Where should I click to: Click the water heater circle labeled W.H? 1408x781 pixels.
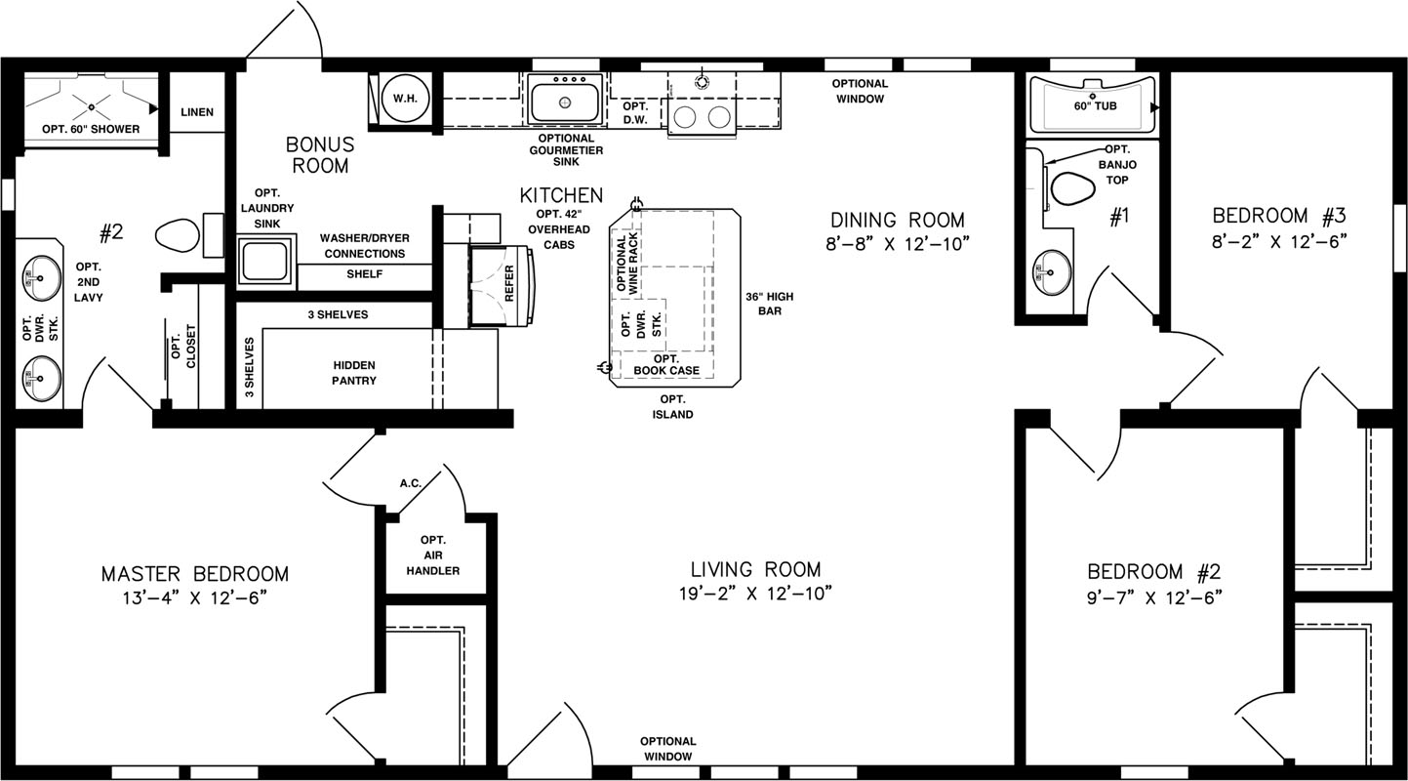[406, 99]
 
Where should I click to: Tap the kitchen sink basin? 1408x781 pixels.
[564, 101]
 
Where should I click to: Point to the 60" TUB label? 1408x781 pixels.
[1095, 106]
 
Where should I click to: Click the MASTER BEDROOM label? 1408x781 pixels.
[195, 574]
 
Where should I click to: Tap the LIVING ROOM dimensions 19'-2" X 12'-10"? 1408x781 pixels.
[755, 594]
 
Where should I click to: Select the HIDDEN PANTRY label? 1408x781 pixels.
[354, 373]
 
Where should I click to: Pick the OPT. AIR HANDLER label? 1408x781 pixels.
[432, 555]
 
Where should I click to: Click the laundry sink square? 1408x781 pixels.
[265, 262]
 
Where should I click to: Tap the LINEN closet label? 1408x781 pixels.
[197, 112]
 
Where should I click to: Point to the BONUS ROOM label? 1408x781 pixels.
[320, 155]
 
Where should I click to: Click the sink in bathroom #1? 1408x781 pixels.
[1052, 272]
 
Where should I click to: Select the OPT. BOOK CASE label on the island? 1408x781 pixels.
[666, 365]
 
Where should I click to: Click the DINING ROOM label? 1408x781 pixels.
[898, 221]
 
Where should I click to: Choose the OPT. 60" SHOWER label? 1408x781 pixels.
[91, 129]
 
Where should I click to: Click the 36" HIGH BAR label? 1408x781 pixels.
[769, 304]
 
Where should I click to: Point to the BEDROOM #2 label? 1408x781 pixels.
[1153, 572]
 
